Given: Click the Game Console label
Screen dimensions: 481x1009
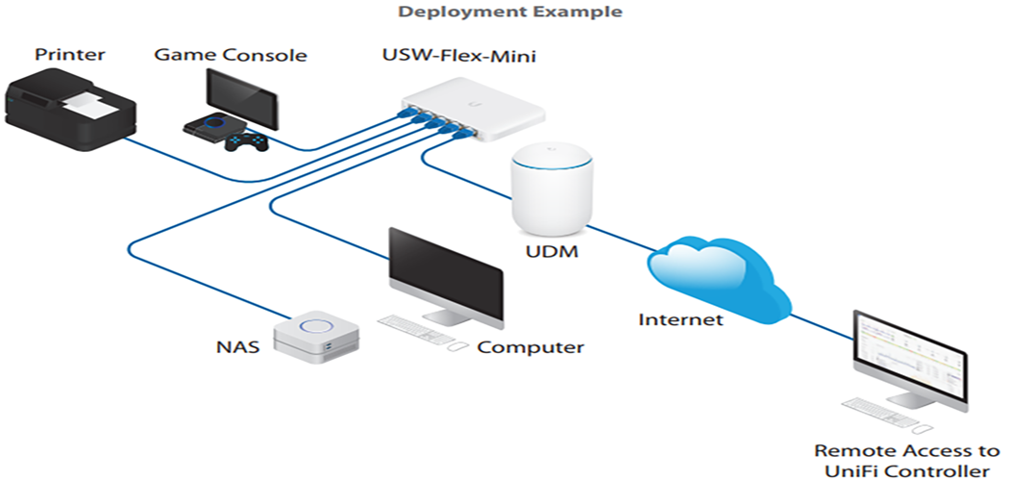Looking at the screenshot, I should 231,55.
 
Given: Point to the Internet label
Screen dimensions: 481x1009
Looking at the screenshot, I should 680,319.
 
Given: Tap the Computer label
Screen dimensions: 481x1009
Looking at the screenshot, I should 530,347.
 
